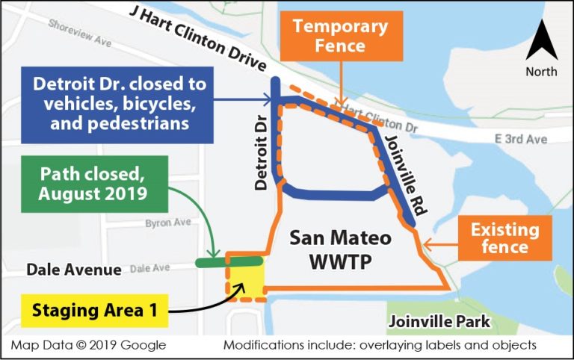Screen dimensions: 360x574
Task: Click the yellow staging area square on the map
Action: click(246, 282)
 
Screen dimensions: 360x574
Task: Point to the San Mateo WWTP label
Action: click(341, 249)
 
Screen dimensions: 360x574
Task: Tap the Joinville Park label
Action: click(439, 321)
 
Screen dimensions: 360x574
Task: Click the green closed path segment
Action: click(229, 261)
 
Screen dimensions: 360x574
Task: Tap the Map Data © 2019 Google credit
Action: click(88, 345)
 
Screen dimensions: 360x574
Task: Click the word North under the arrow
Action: click(541, 72)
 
